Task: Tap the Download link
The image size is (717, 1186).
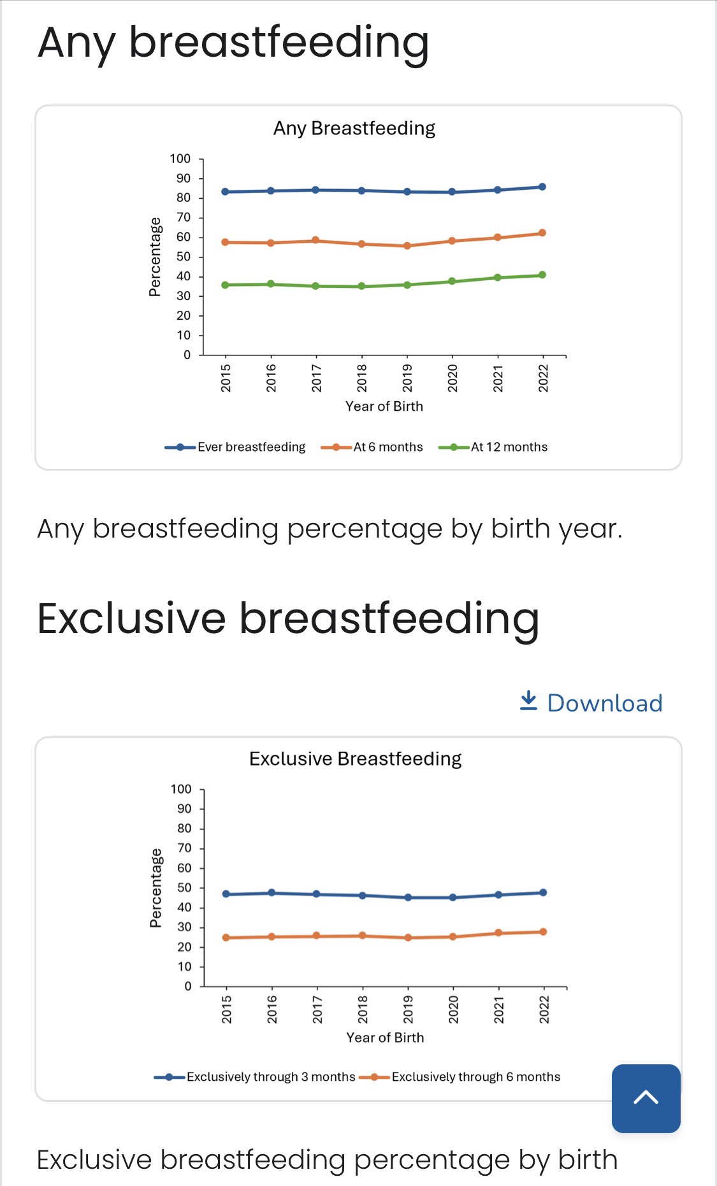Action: pyautogui.click(x=591, y=703)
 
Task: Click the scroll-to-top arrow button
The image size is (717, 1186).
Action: pyautogui.click(x=646, y=1098)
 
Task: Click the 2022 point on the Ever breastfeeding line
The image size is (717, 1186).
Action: pyautogui.click(x=542, y=187)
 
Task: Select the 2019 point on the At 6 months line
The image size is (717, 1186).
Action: pyautogui.click(x=407, y=246)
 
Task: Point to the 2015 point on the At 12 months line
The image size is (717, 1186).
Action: pyautogui.click(x=225, y=285)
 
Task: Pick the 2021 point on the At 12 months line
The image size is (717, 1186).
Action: pyautogui.click(x=497, y=278)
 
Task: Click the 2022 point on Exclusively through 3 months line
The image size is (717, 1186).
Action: pyautogui.click(x=543, y=893)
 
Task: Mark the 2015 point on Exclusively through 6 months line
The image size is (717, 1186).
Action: pyautogui.click(x=226, y=938)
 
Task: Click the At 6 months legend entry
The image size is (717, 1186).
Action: pyautogui.click(x=372, y=447)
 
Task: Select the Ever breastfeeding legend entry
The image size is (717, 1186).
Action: pyautogui.click(x=235, y=447)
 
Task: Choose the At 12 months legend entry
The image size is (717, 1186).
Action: pyautogui.click(x=493, y=447)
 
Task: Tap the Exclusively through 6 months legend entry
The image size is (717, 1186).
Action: pyautogui.click(x=460, y=1077)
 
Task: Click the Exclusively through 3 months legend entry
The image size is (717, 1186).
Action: pyautogui.click(x=255, y=1077)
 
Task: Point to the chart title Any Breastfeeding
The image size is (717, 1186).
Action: pyautogui.click(x=354, y=128)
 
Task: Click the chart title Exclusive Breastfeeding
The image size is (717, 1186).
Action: pyautogui.click(x=355, y=759)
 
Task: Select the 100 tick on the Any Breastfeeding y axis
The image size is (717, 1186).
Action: pyautogui.click(x=180, y=159)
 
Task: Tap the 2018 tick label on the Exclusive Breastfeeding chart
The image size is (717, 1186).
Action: pyautogui.click(x=363, y=1010)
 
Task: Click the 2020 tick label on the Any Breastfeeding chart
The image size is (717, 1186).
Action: pyautogui.click(x=453, y=378)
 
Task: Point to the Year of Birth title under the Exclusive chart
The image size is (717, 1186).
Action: pyautogui.click(x=385, y=1038)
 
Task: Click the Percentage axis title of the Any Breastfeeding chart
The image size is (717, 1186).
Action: pyautogui.click(x=154, y=257)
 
